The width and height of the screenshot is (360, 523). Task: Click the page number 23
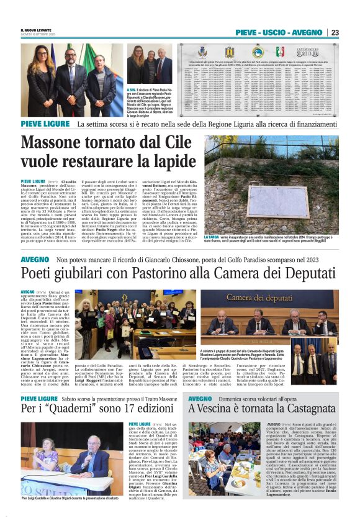pyautogui.click(x=335, y=32)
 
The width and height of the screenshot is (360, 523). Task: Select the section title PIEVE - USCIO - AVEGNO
pyautogui.click(x=279, y=32)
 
